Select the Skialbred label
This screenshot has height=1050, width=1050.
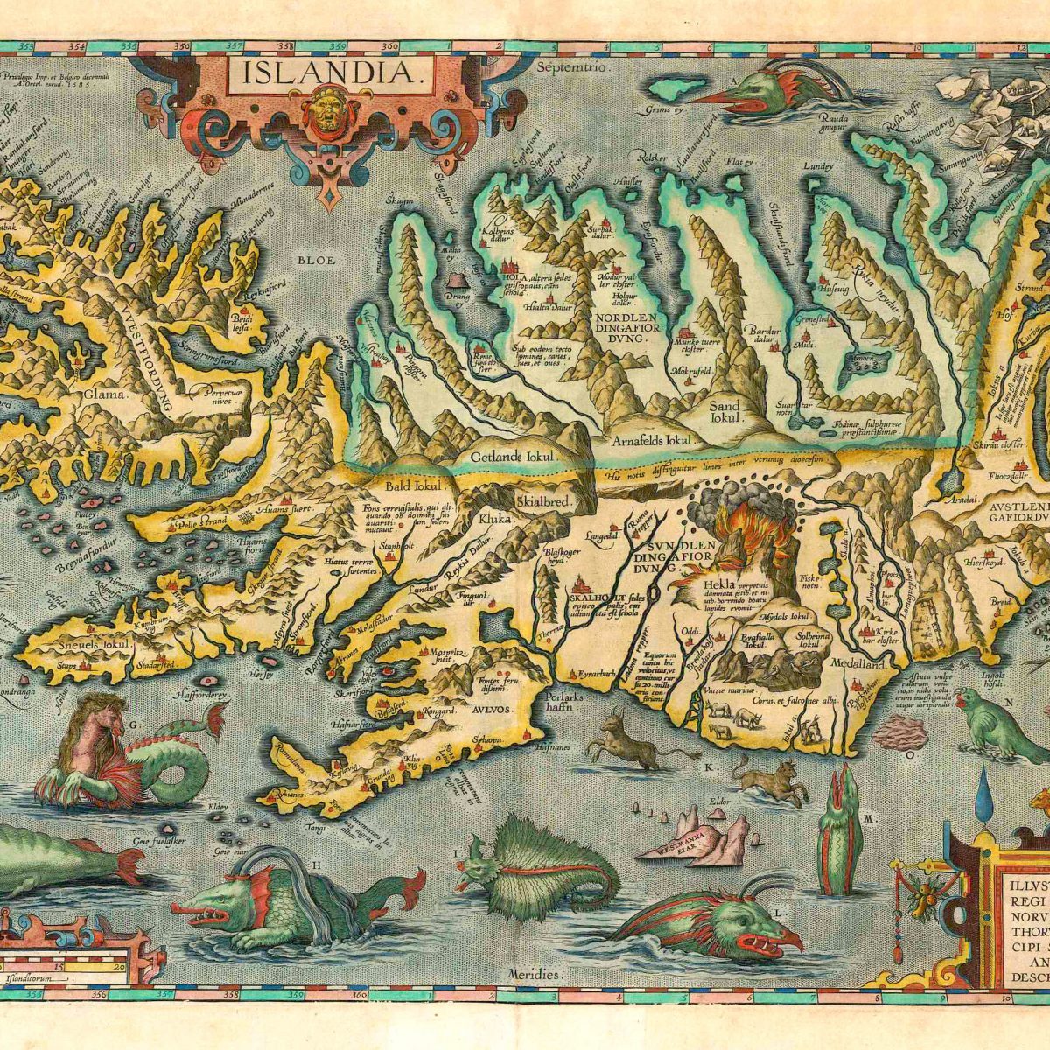tap(543, 502)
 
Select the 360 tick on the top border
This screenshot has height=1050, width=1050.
tap(390, 46)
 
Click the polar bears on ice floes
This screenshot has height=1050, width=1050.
tap(989, 114)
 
